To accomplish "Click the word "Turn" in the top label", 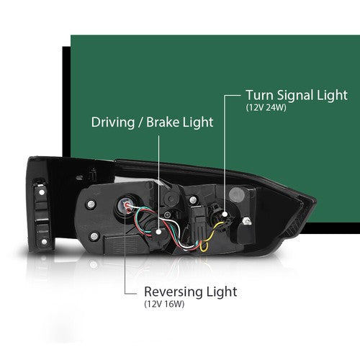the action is [x=260, y=95].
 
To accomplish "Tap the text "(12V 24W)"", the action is [x=266, y=108].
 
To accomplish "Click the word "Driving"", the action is [x=113, y=122].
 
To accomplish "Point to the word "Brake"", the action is [x=163, y=122].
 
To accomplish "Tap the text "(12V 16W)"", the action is [x=164, y=305].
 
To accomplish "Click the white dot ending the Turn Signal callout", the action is [x=225, y=214].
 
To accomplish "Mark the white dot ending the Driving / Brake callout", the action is [x=158, y=232].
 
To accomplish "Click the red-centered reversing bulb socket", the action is [x=127, y=204].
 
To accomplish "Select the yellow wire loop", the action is [x=204, y=246].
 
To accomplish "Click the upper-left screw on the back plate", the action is [x=91, y=204].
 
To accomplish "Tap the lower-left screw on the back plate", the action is [x=94, y=236].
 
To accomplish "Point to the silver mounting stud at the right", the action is [x=246, y=221].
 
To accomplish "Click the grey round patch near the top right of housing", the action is [x=237, y=195].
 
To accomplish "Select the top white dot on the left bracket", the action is [x=42, y=192].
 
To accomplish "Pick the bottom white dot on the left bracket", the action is [x=44, y=241].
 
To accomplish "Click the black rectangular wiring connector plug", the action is [x=199, y=222].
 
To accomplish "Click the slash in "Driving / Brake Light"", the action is [x=140, y=122].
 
